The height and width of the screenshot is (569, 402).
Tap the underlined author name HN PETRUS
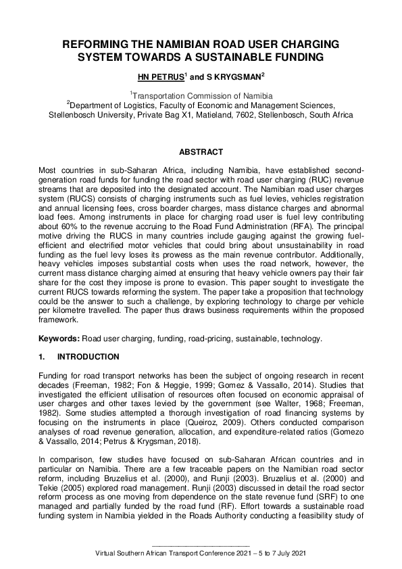pos(160,77)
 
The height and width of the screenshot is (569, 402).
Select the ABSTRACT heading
pos(201,153)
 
